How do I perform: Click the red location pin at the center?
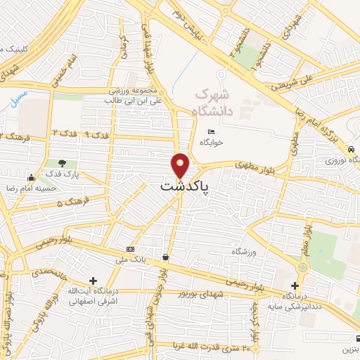click(181, 166)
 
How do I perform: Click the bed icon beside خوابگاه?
click(210, 131)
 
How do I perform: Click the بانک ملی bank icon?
click(130, 250)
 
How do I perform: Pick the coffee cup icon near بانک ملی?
click(165, 258)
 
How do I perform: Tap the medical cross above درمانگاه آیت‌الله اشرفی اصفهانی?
click(94, 280)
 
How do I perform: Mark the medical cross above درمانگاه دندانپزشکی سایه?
click(295, 285)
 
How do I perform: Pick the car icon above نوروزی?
click(350, 149)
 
